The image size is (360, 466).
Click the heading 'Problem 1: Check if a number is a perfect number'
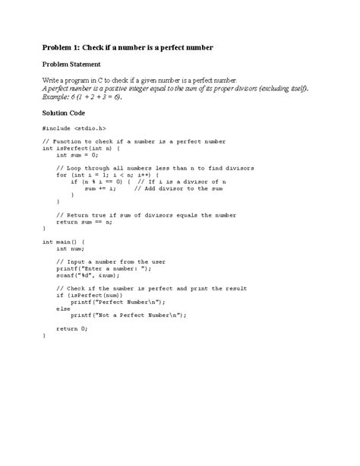[128, 48]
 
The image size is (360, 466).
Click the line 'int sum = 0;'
[77, 154]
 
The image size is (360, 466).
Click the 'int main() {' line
[64, 241]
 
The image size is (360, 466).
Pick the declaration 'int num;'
[70, 248]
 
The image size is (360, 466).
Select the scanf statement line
[89, 275]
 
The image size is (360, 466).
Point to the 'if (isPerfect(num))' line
[91, 295]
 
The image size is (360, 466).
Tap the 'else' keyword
[63, 309]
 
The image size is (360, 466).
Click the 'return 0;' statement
[72, 328]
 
